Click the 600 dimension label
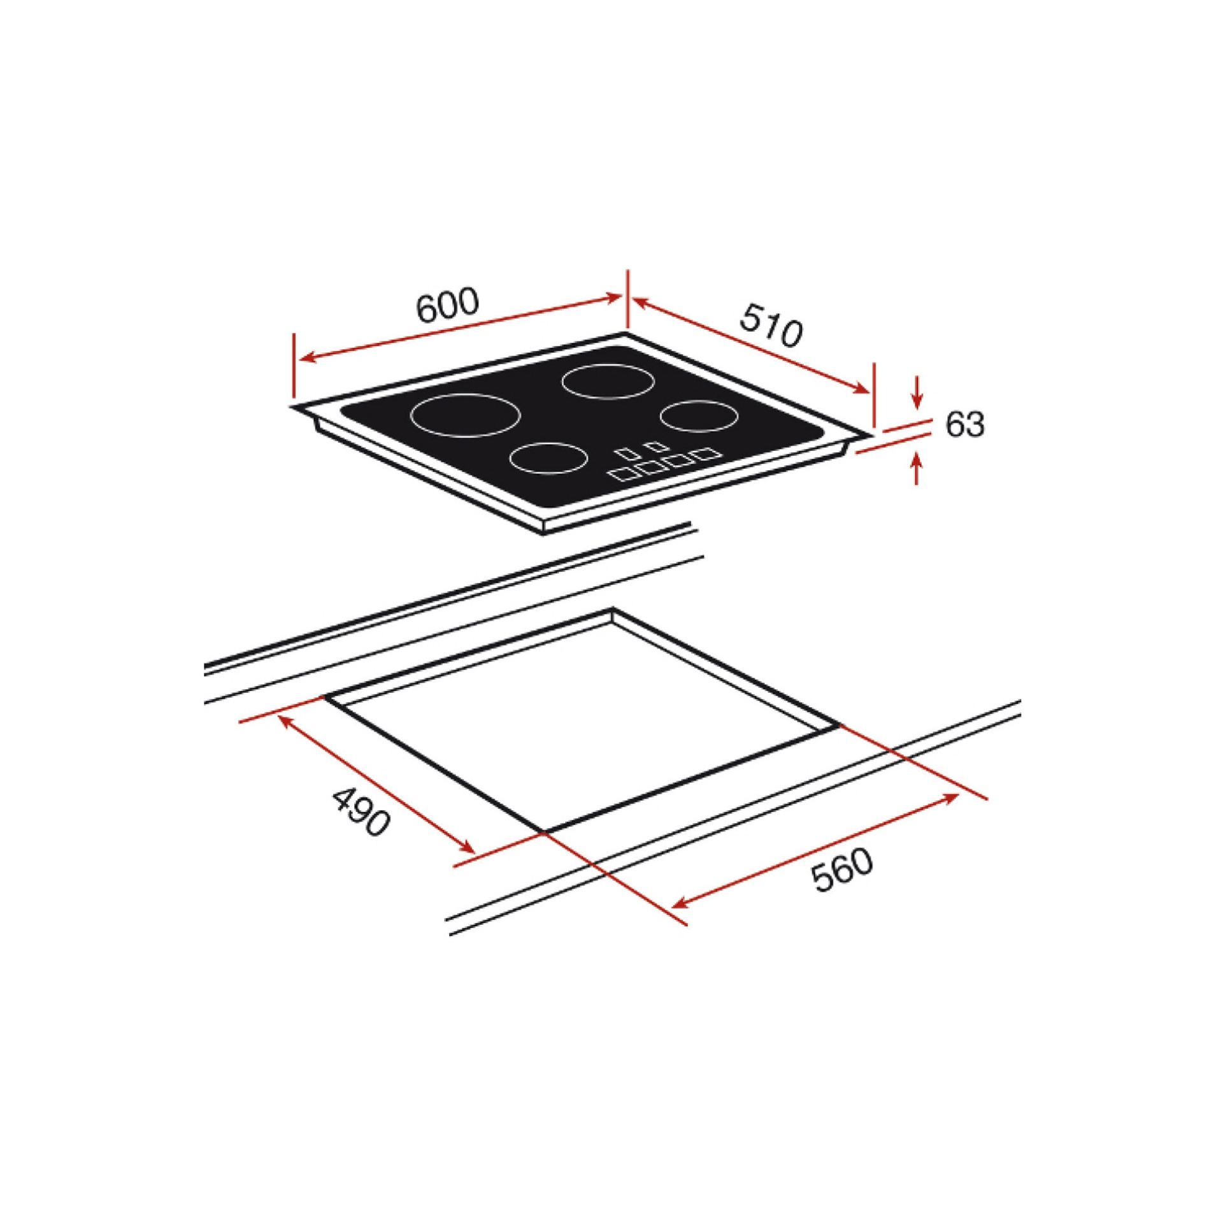pos(447,305)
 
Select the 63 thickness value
pos(965,424)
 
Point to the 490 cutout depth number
pos(361,812)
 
